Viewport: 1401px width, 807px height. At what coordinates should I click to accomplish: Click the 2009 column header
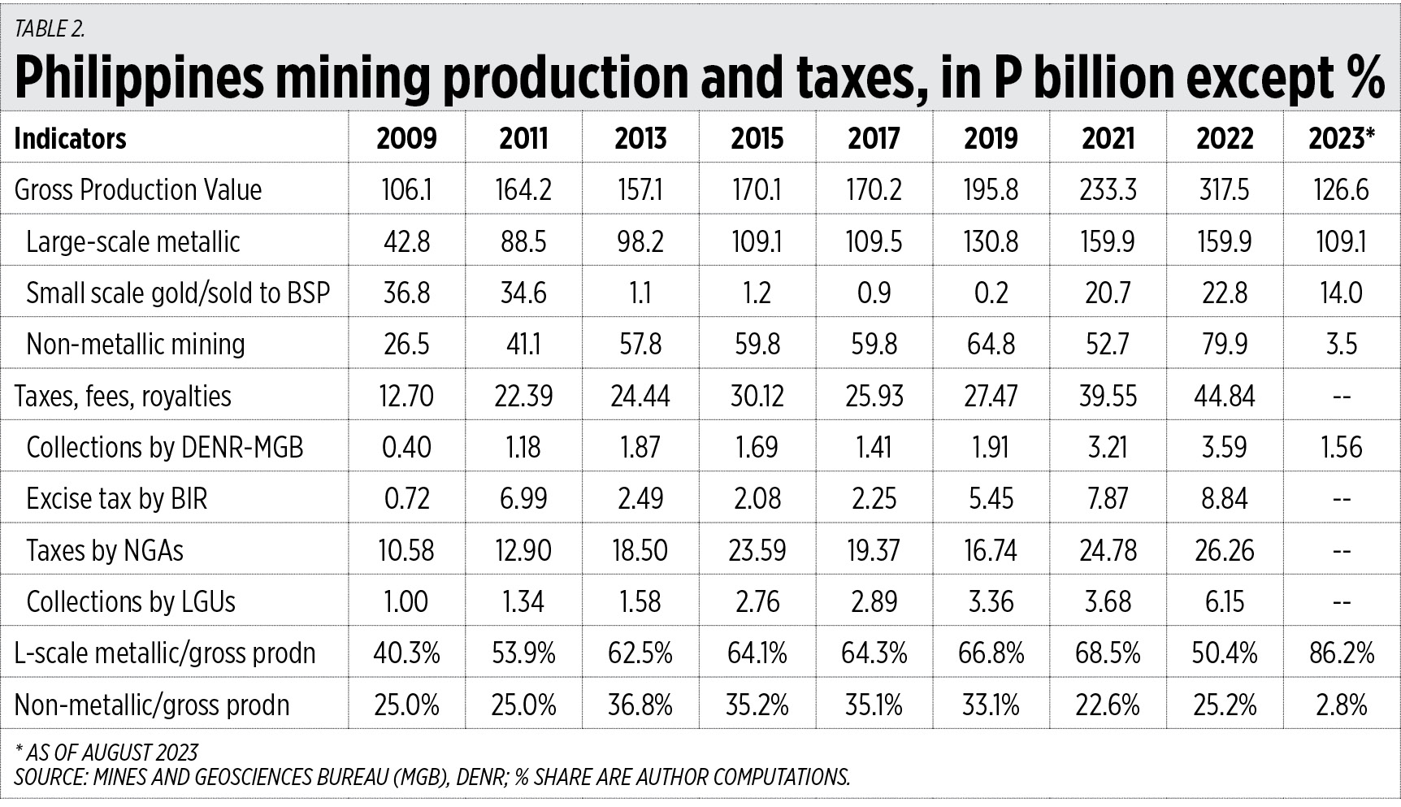pyautogui.click(x=406, y=138)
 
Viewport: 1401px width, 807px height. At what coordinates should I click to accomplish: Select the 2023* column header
pyautogui.click(x=1341, y=138)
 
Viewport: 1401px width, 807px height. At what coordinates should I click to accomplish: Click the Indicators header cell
pyautogui.click(x=71, y=138)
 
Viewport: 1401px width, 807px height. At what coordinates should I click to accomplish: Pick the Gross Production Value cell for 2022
pyautogui.click(x=1225, y=190)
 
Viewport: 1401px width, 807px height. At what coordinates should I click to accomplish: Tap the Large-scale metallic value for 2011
pyautogui.click(x=523, y=241)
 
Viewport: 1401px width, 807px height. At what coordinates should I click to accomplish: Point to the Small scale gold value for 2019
pyautogui.click(x=991, y=293)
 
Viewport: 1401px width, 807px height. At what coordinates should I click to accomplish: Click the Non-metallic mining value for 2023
pyautogui.click(x=1341, y=344)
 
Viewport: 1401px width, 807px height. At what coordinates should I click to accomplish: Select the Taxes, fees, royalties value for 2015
pyautogui.click(x=757, y=396)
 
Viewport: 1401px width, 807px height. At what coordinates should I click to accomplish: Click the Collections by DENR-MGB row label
pyautogui.click(x=164, y=447)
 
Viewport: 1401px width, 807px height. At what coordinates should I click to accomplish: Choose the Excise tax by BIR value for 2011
pyautogui.click(x=523, y=498)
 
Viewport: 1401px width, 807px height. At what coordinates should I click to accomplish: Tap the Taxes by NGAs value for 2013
pyautogui.click(x=640, y=550)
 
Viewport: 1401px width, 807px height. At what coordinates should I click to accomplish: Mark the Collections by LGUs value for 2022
pyautogui.click(x=1225, y=601)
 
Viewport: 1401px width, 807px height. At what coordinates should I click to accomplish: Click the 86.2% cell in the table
pyautogui.click(x=1341, y=653)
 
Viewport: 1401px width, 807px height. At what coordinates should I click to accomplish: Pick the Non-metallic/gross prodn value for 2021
pyautogui.click(x=1108, y=705)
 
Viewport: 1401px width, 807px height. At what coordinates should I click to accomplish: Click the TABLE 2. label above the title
pyautogui.click(x=50, y=29)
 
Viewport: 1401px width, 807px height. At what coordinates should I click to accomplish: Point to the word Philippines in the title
pyautogui.click(x=138, y=78)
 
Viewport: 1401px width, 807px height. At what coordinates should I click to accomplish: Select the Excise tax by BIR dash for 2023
pyautogui.click(x=1341, y=498)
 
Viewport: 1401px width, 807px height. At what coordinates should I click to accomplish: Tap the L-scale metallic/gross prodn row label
pyautogui.click(x=164, y=653)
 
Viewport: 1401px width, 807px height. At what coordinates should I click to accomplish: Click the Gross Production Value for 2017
pyautogui.click(x=874, y=190)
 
